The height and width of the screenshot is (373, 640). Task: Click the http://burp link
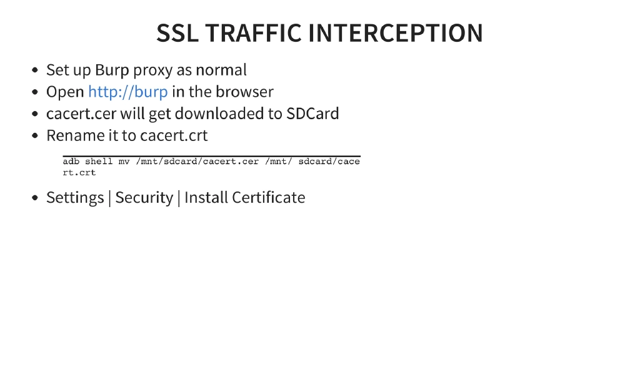pyautogui.click(x=127, y=92)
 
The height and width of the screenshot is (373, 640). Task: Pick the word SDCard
pyautogui.click(x=312, y=114)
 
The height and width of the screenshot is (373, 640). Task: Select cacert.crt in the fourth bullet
pyautogui.click(x=174, y=135)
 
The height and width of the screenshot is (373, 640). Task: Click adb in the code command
pyautogui.click(x=71, y=162)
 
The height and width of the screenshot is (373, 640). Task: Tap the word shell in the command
pyautogui.click(x=99, y=162)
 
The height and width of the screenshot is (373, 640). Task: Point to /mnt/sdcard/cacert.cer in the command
pyautogui.click(x=197, y=162)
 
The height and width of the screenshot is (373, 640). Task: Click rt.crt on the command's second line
pyautogui.click(x=79, y=172)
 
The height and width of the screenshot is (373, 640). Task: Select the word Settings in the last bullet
pyautogui.click(x=75, y=198)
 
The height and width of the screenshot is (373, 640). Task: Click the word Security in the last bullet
pyautogui.click(x=144, y=198)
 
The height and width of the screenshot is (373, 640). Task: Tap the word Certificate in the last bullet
pyautogui.click(x=268, y=198)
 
